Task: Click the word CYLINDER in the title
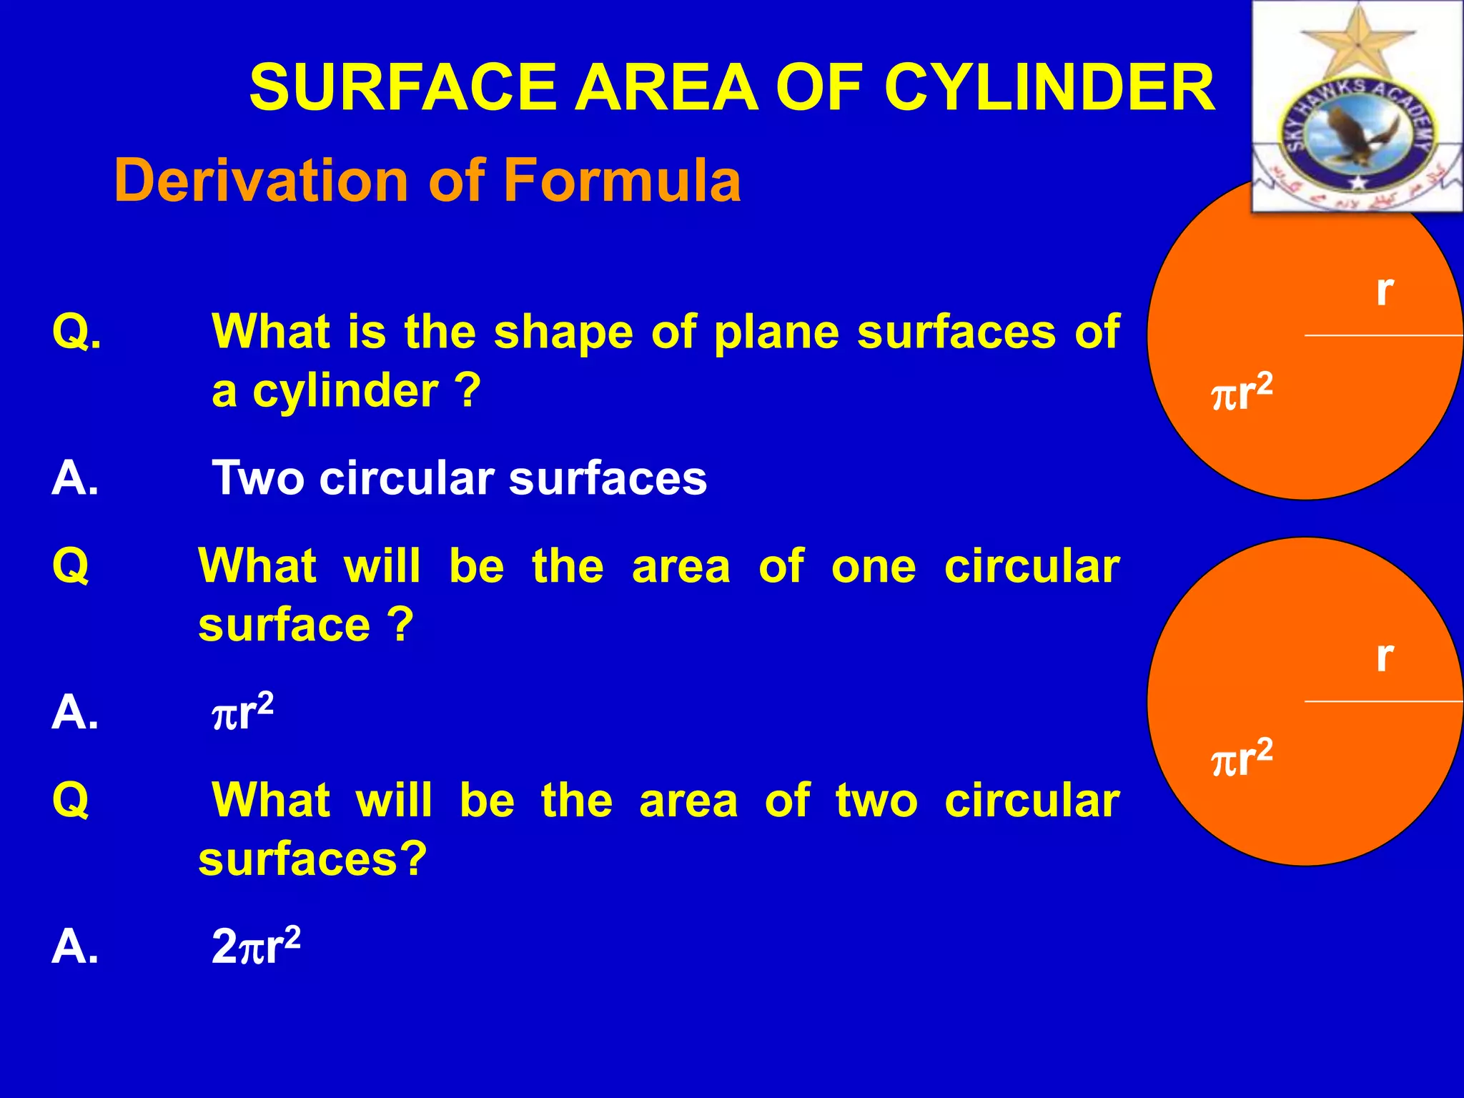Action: pos(1049,88)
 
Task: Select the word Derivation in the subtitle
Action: pos(262,181)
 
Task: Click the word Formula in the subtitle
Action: pos(622,181)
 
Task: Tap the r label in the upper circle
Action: pos(1385,290)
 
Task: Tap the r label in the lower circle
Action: pos(1385,656)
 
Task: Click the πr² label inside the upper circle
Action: pos(1242,392)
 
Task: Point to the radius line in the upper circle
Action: pos(1383,335)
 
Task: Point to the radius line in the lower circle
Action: pos(1383,702)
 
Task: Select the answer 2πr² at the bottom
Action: pos(256,946)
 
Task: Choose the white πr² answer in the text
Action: pos(242,713)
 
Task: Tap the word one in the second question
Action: pos(873,567)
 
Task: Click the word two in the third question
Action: pos(876,801)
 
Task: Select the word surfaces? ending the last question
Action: pos(312,859)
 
